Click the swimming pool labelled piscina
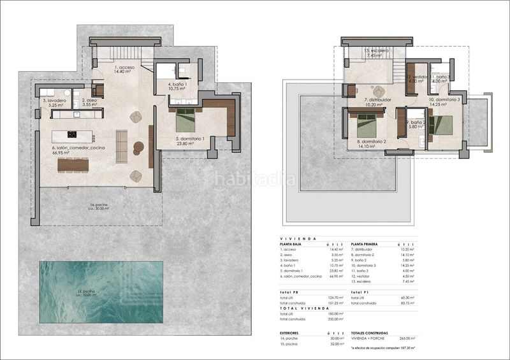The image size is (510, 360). pos(101,291)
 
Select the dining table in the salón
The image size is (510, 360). pos(73,164)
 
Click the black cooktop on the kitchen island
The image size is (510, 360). pos(72,134)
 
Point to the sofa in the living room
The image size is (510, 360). pos(121,141)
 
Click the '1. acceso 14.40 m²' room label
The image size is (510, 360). pos(124,69)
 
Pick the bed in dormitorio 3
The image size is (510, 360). pos(442,124)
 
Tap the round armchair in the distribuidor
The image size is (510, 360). pos(379,90)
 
